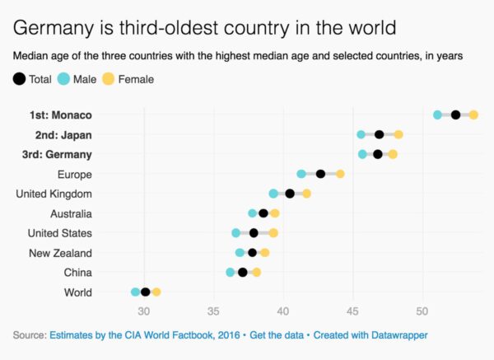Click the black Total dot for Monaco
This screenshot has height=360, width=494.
[455, 115]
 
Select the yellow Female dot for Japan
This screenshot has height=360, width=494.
[398, 134]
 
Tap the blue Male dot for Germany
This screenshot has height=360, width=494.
[363, 154]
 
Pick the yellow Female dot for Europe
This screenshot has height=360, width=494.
[340, 174]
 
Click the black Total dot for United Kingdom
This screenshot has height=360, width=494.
[290, 194]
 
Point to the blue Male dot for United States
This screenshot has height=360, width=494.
[236, 233]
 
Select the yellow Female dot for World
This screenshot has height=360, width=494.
[156, 292]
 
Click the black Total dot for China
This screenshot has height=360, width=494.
[243, 272]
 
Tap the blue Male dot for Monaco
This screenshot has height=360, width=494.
[438, 115]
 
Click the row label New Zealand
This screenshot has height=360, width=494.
[60, 253]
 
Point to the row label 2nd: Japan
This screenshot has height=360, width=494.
[63, 134]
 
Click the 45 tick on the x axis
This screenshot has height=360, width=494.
[352, 311]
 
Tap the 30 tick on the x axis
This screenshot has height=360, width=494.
[143, 311]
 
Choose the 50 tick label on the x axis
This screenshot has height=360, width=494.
[422, 311]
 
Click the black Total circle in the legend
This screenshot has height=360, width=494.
[19, 79]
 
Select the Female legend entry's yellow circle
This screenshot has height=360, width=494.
[108, 79]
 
